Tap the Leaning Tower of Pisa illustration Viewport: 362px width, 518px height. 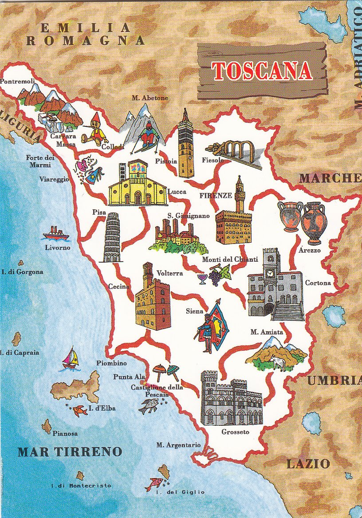[x=112, y=237]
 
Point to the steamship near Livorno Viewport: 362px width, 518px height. [x=55, y=233]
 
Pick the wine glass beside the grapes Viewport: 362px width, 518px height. [x=202, y=279]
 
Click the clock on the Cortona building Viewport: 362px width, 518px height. [x=270, y=274]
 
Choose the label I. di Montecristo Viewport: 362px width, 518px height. [x=81, y=486]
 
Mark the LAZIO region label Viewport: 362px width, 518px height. [x=308, y=464]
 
